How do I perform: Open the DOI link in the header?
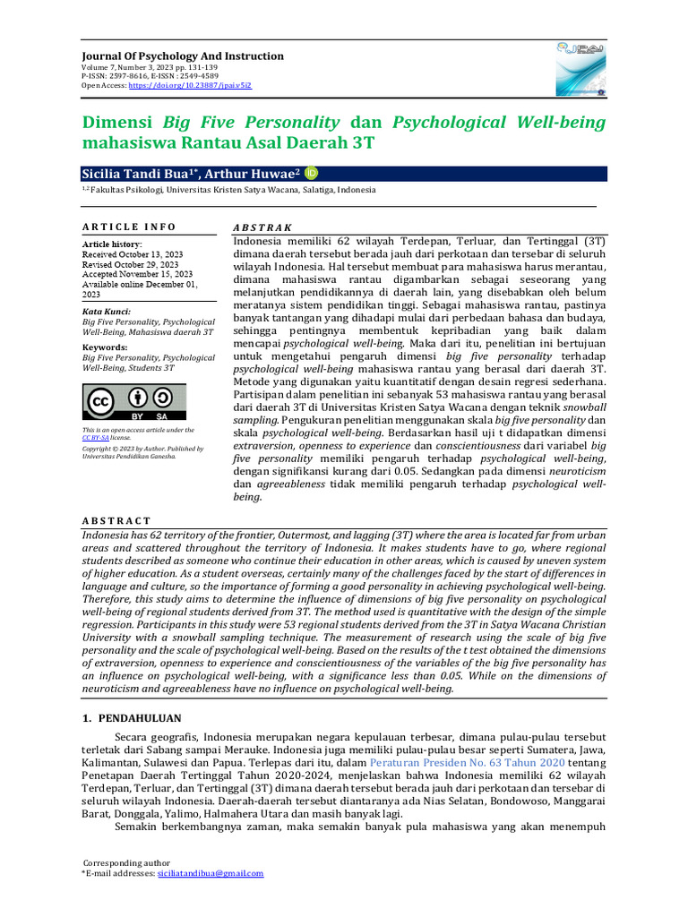190,85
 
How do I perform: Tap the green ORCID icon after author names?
312,174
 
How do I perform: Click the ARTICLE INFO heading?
129,227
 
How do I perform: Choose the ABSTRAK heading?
262,228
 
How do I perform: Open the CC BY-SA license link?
96,438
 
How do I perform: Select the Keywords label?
104,346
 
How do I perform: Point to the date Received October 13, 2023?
130,254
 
